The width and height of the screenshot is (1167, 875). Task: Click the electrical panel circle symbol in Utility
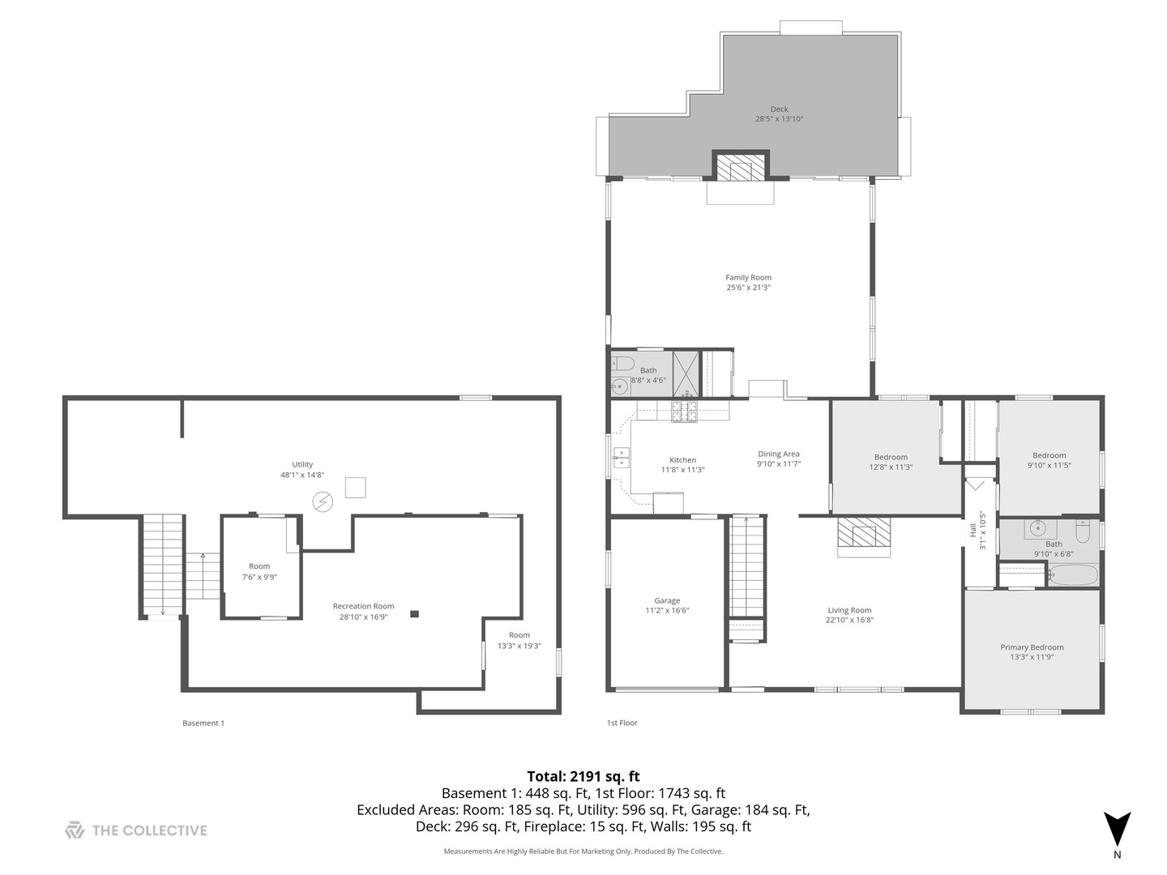[x=323, y=502]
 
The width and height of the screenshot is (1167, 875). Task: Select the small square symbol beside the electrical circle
[x=355, y=488]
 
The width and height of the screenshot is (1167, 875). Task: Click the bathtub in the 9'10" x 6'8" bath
[x=1072, y=576]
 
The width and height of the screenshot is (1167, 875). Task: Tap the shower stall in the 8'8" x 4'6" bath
[x=686, y=373]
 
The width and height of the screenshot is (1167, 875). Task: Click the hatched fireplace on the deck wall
[x=740, y=168]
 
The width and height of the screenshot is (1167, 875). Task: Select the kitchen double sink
[x=621, y=458]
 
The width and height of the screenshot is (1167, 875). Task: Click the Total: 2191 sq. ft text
[x=583, y=776]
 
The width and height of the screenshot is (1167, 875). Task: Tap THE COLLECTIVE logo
[x=136, y=830]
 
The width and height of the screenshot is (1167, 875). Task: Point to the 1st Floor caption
[x=622, y=723]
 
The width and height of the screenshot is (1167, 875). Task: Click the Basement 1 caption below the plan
[x=203, y=723]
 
